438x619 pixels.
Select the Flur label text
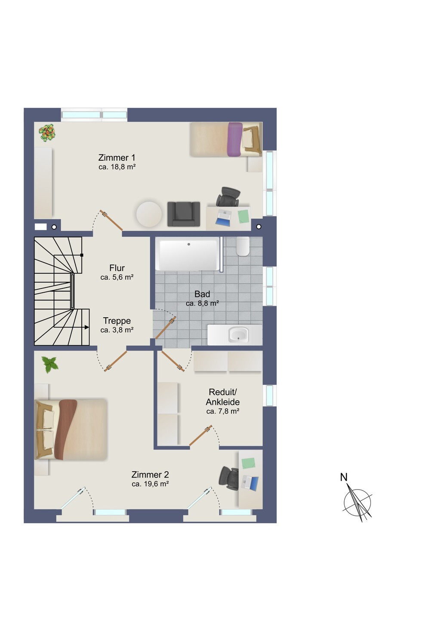pyautogui.click(x=117, y=268)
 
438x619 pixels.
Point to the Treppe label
pyautogui.click(x=117, y=321)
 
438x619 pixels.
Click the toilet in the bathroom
pyautogui.click(x=243, y=246)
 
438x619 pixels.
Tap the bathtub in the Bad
pyautogui.click(x=188, y=254)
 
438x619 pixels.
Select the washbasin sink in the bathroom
pyautogui.click(x=238, y=334)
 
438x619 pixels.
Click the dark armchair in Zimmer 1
pyautogui.click(x=184, y=214)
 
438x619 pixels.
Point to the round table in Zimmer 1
pyautogui.click(x=149, y=214)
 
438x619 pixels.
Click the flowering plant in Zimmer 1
pyautogui.click(x=47, y=132)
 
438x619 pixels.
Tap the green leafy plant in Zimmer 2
pyautogui.click(x=50, y=365)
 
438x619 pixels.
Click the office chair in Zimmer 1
pyautogui.click(x=228, y=197)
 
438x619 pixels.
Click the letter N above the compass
pyautogui.click(x=344, y=477)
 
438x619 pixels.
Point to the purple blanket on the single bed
pyautogui.click(x=235, y=139)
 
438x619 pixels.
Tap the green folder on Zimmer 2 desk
pyautogui.click(x=248, y=463)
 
